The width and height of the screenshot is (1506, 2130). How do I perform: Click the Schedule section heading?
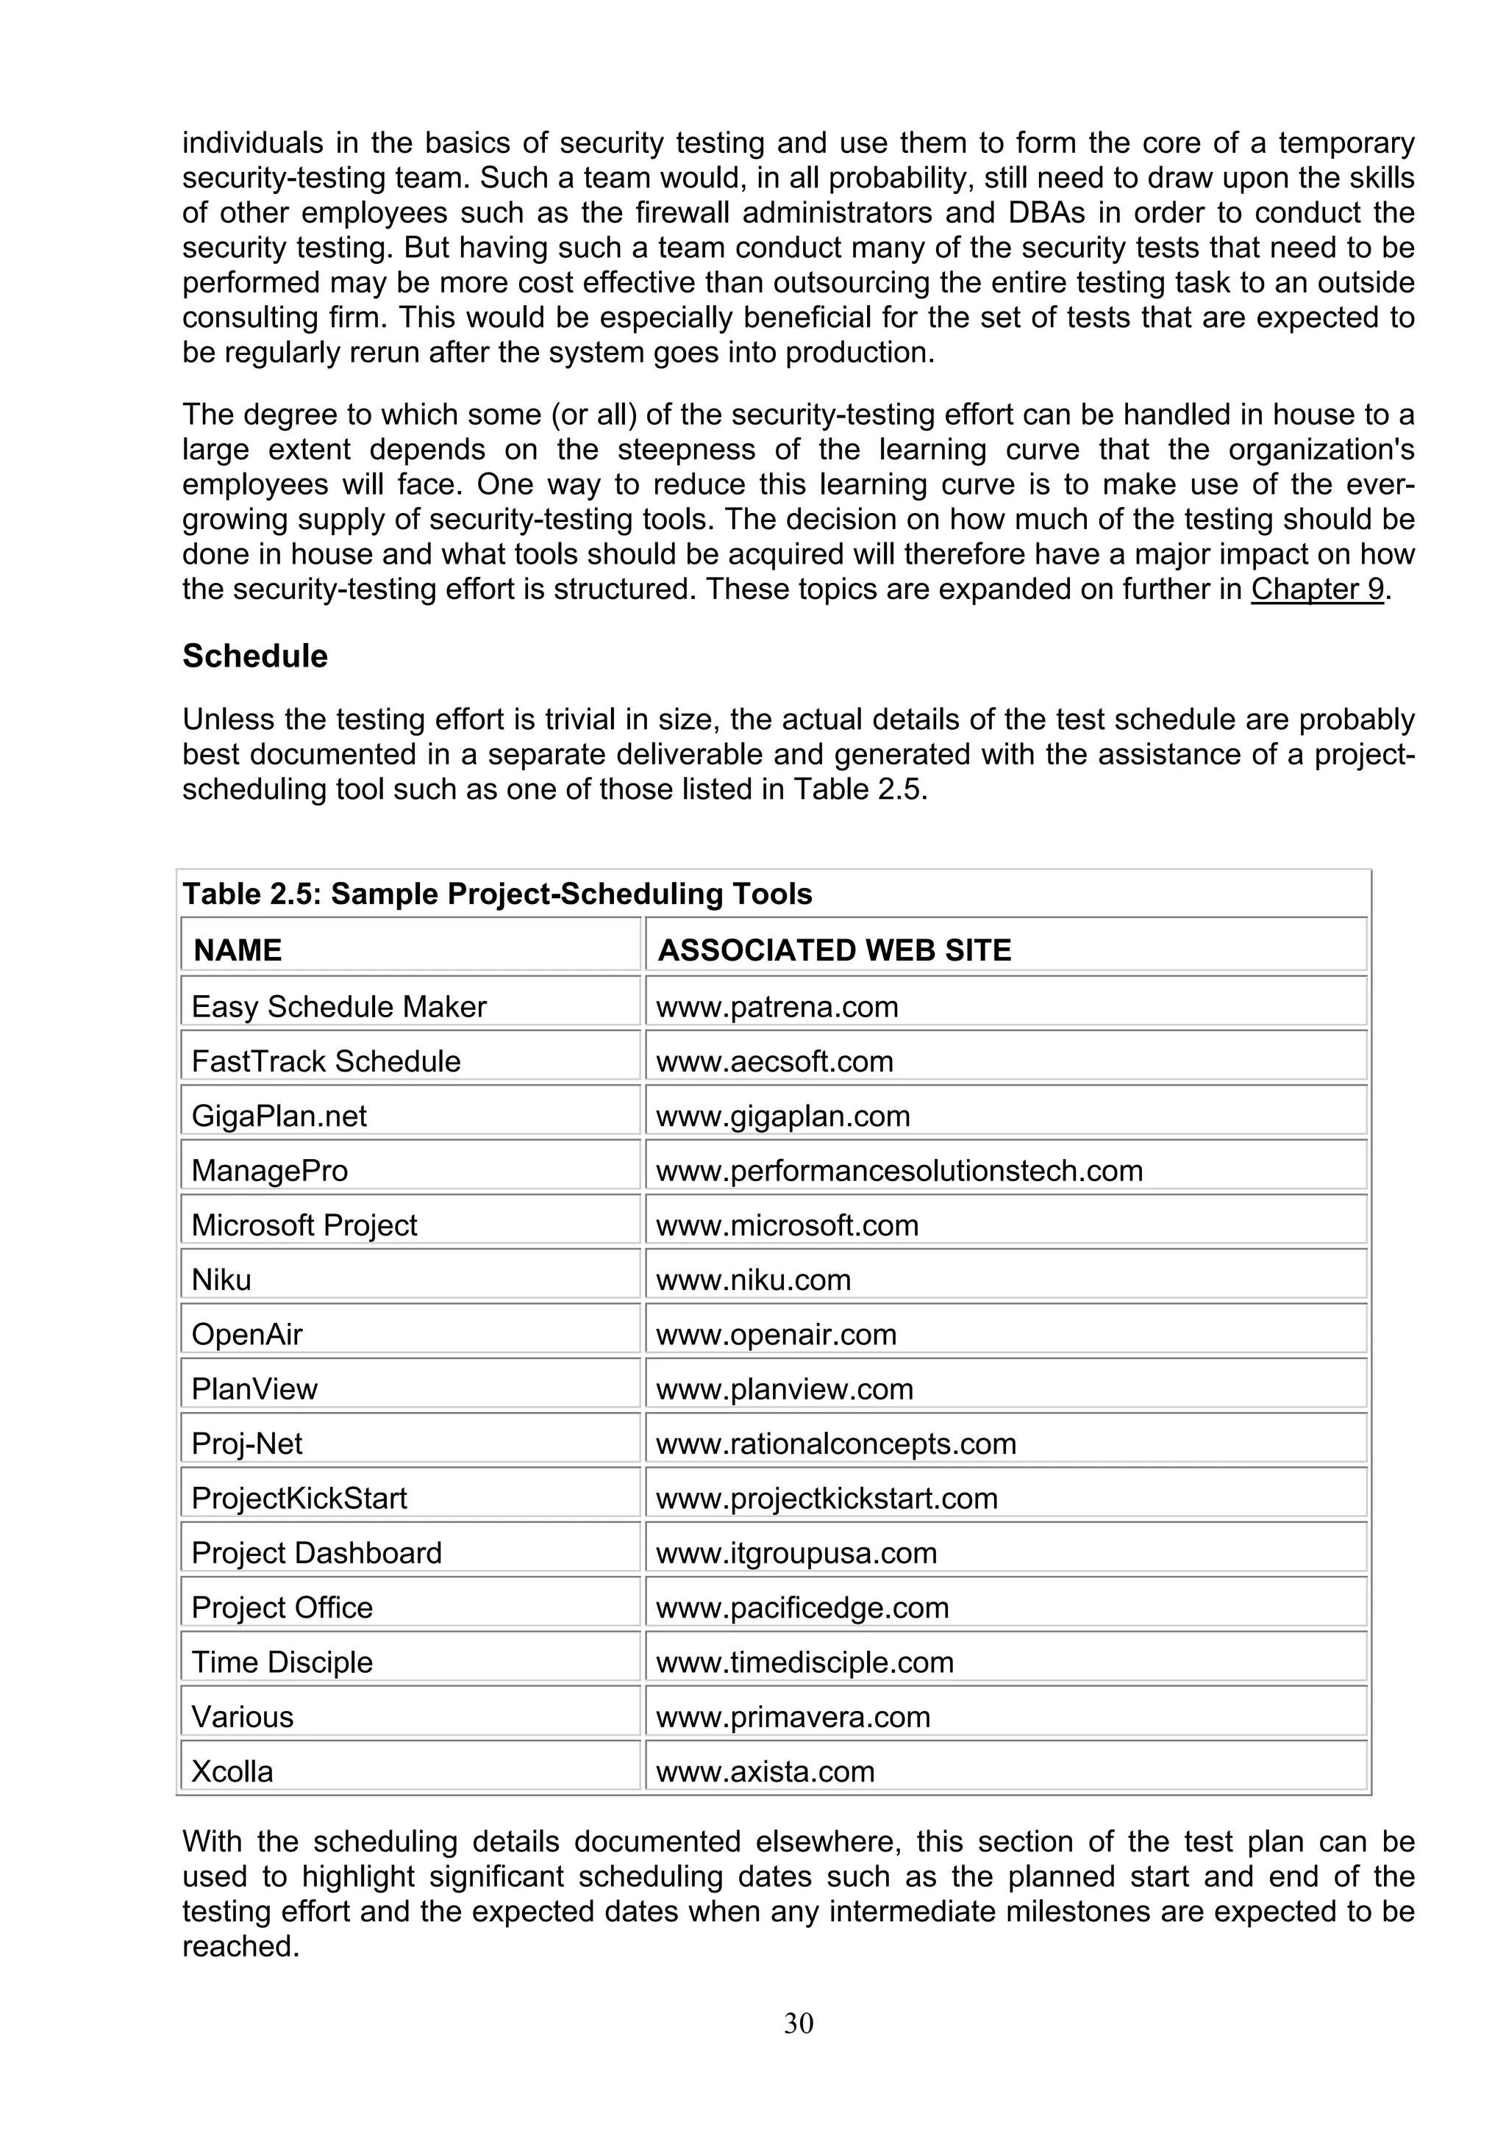pos(254,656)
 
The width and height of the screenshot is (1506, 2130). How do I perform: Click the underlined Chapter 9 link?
pos(1317,589)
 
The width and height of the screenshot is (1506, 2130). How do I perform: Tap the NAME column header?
pos(238,950)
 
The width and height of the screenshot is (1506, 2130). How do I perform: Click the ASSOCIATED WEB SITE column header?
pos(833,950)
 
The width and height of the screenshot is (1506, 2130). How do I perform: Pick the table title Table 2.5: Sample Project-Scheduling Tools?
pos(497,893)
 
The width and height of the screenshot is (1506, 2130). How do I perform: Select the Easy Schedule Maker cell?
pos(339,1006)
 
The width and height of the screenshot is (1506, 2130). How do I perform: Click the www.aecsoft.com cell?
pos(775,1061)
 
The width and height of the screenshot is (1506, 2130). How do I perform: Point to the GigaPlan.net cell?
pos(279,1116)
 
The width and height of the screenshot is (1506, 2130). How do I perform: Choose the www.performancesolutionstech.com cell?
pos(899,1171)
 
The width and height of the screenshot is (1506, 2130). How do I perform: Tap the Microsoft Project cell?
pos(304,1225)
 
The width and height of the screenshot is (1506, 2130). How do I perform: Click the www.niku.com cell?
pos(754,1280)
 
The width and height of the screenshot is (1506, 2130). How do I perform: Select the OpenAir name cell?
pos(247,1335)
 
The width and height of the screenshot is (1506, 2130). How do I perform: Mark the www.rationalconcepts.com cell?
pos(836,1444)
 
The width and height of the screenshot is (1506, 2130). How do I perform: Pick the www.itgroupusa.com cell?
pos(796,1553)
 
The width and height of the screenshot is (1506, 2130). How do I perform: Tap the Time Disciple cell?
pos(282,1663)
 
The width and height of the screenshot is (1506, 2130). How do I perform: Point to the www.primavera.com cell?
pos(793,1717)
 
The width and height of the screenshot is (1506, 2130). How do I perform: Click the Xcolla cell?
pos(232,1772)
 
